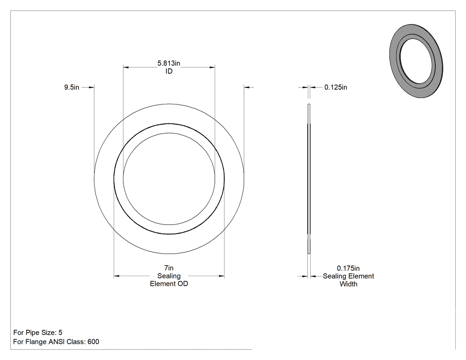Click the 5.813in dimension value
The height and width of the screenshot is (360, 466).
(x=169, y=63)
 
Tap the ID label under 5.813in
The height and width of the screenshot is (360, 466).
(x=169, y=71)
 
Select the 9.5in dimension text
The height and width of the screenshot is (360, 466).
(x=71, y=87)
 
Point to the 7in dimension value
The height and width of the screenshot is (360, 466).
(x=169, y=268)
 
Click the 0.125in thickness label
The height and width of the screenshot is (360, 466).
(x=336, y=87)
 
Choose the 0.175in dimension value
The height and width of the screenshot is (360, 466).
(x=348, y=268)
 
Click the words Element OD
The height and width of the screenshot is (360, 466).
(x=169, y=284)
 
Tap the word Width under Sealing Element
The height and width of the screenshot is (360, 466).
(x=348, y=284)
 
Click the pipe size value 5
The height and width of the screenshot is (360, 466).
(x=60, y=332)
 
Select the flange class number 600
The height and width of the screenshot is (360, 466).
(x=93, y=341)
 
